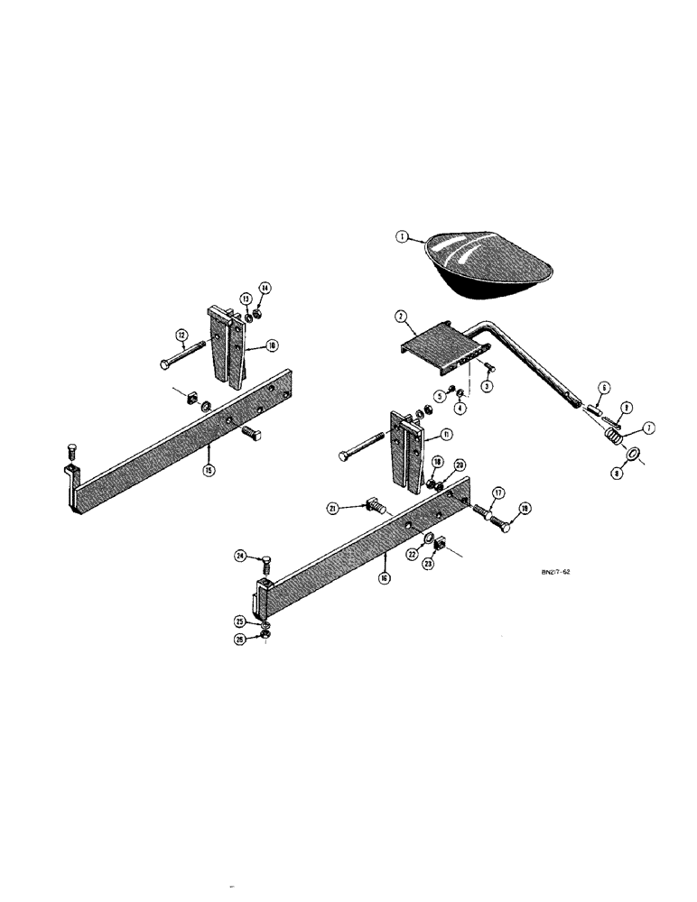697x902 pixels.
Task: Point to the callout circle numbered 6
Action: pyautogui.click(x=604, y=387)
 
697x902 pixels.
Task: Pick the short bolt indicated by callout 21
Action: pyautogui.click(x=376, y=507)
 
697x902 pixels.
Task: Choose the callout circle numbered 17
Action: pyautogui.click(x=497, y=493)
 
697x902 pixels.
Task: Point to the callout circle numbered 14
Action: pyautogui.click(x=265, y=288)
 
